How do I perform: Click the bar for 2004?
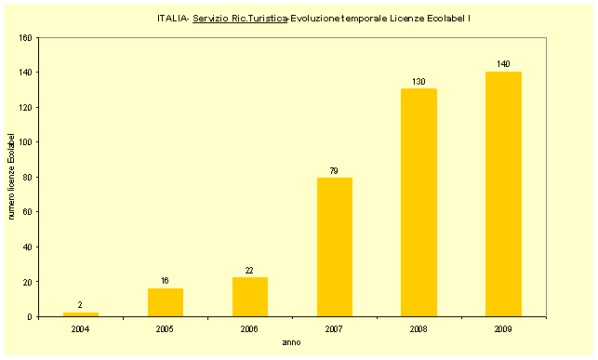point(81,314)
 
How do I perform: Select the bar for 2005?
point(166,302)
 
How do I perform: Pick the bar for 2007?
point(335,247)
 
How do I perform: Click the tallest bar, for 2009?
point(503,194)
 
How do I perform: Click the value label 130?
point(419,82)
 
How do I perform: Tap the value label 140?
point(503,64)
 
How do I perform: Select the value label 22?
point(250,270)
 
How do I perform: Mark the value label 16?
point(166,281)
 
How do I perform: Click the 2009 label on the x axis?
point(503,328)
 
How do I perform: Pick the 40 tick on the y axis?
point(28,247)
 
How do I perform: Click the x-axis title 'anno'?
point(292,342)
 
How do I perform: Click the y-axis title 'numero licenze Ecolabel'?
point(12,177)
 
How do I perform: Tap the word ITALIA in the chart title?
point(173,19)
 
